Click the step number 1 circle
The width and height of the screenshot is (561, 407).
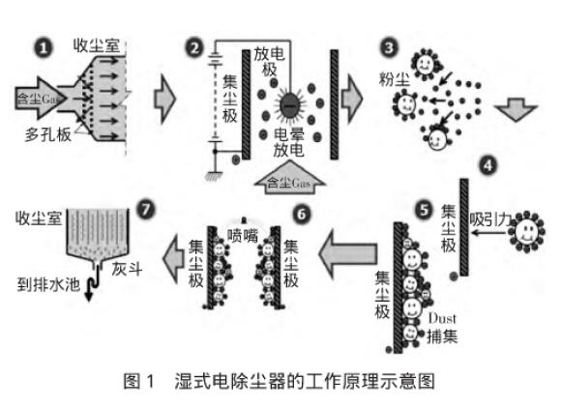point(42,44)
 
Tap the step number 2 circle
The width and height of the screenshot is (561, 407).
point(197,46)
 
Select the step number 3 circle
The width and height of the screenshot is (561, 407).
point(389,45)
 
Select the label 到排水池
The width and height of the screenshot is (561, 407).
point(45,285)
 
